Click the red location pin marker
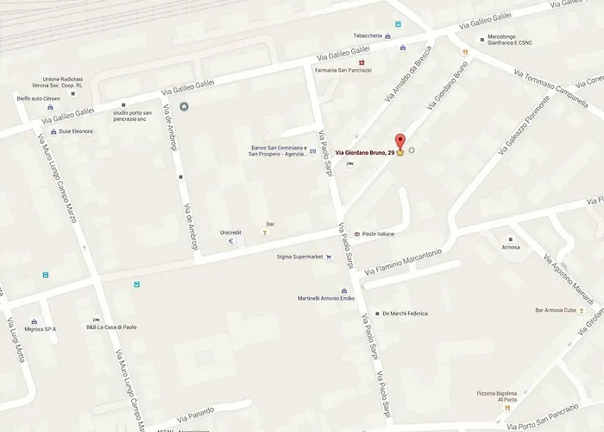pos(399,142)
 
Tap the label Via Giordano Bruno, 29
pos(365,153)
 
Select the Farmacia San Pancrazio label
pos(343,70)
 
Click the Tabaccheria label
pos(368,35)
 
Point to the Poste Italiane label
pos(378,234)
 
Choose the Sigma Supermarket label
pos(299,257)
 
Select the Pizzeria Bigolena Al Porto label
pos(497,397)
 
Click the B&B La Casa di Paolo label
pos(111,327)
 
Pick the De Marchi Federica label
pos(405,314)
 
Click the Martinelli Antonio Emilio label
pos(326,298)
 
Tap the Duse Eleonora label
pos(76,131)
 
